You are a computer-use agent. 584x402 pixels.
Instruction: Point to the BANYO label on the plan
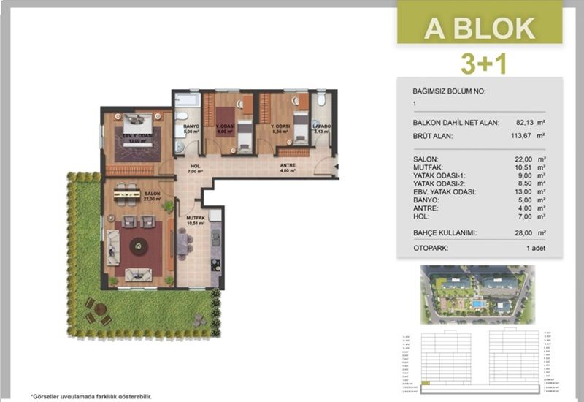[191, 126]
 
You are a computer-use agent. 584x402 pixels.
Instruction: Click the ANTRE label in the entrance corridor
[288, 167]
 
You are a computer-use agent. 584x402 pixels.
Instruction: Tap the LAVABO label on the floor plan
[321, 126]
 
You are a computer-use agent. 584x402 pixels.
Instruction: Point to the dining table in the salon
[128, 194]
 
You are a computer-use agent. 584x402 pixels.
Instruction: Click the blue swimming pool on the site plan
[477, 303]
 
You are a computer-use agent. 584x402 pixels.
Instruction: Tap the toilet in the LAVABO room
[321, 101]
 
